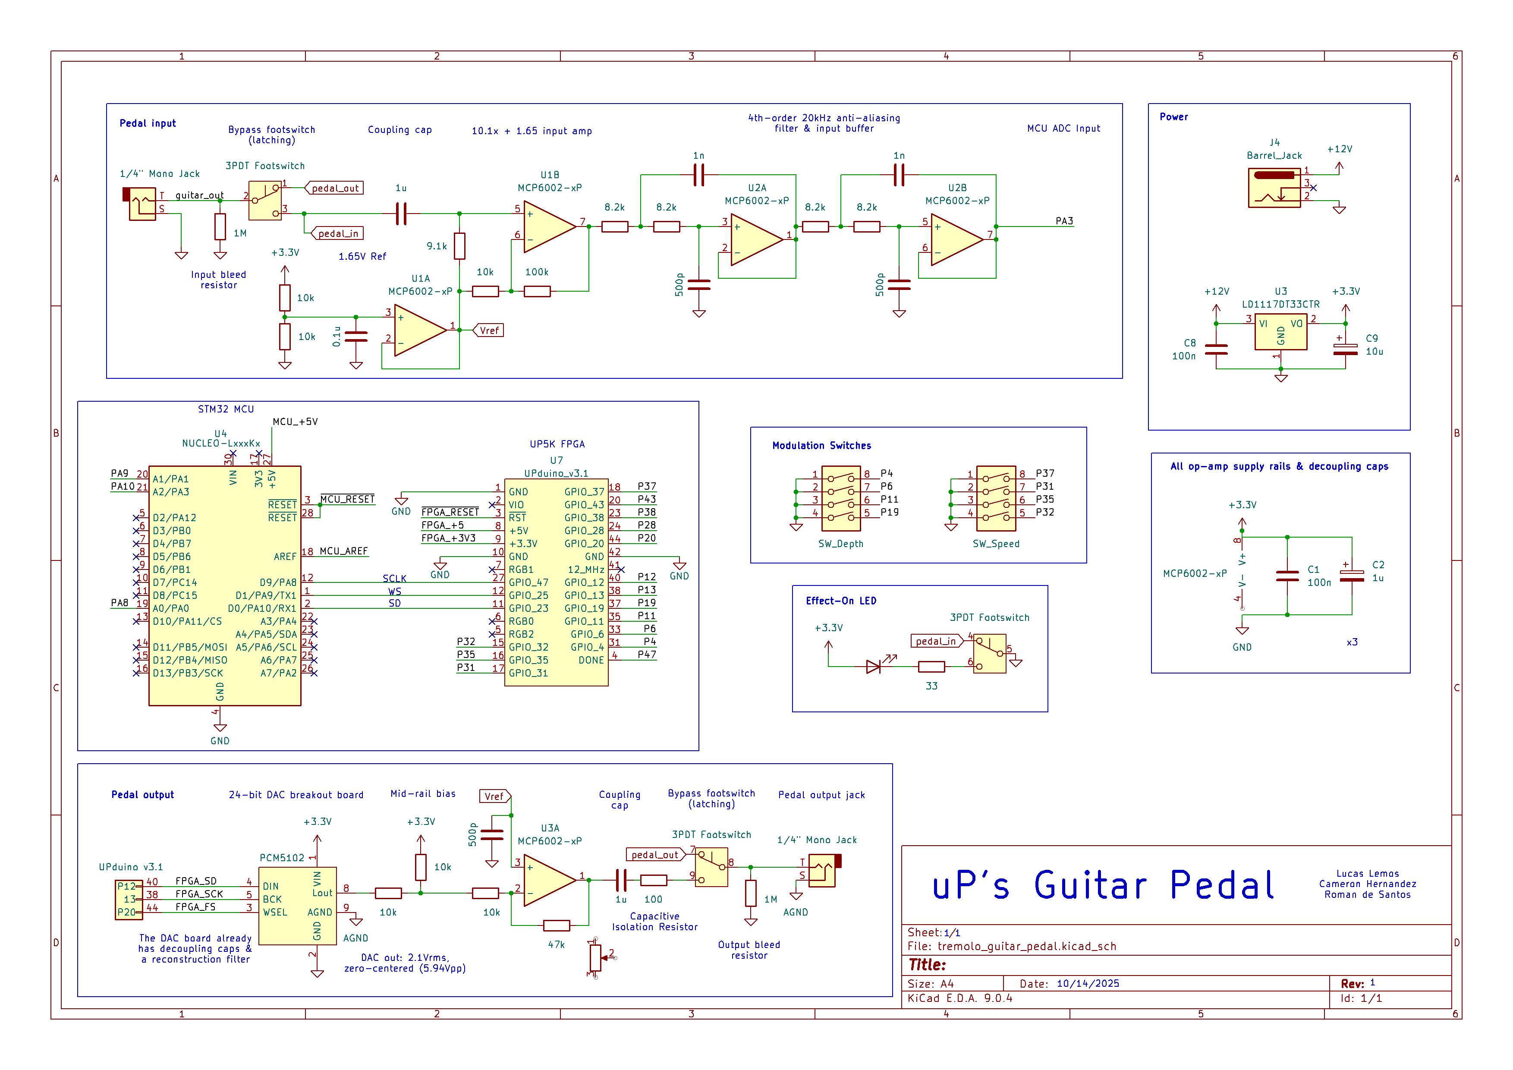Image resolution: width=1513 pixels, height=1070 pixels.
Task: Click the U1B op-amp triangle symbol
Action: [x=548, y=227]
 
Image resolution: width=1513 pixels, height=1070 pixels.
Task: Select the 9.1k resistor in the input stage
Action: [x=459, y=246]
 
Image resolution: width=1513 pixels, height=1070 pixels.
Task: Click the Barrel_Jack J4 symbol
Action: [x=1274, y=188]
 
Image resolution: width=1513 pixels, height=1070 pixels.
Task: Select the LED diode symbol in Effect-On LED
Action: [x=873, y=667]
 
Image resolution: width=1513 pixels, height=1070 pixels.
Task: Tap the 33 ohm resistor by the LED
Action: [x=931, y=667]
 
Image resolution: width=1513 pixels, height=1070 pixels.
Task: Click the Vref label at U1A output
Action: [x=489, y=331]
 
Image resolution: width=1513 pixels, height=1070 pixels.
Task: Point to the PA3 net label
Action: [x=1063, y=221]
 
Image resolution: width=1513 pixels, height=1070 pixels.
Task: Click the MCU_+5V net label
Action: [x=295, y=422]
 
